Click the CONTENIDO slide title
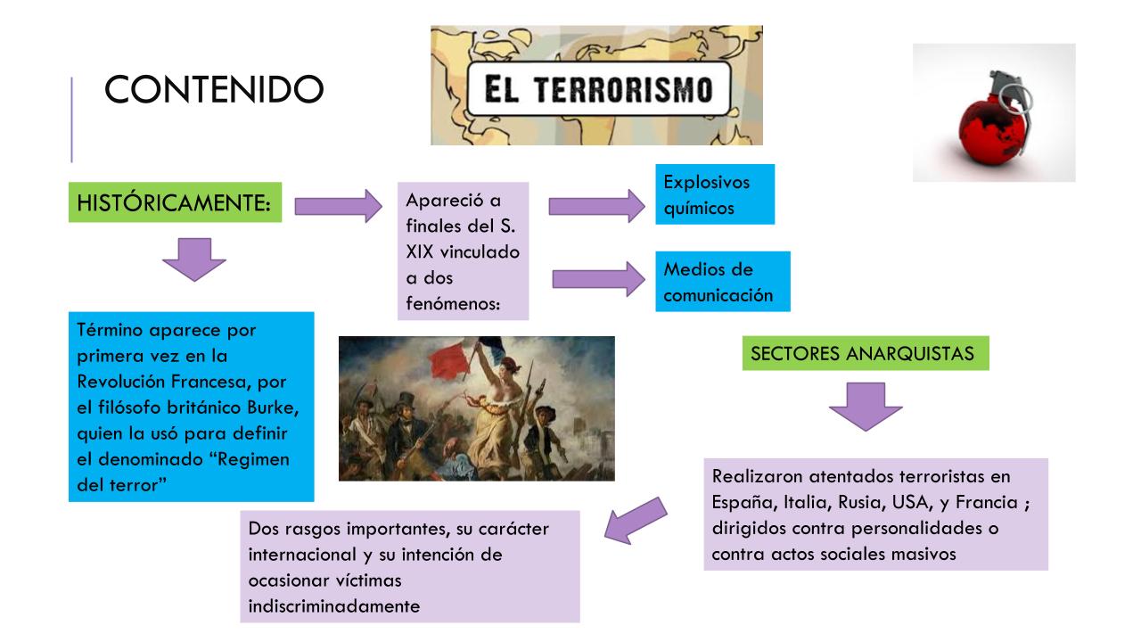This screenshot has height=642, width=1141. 214,89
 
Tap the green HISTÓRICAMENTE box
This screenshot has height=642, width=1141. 176,202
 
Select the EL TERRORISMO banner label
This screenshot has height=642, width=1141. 598,89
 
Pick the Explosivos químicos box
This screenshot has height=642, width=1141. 715,194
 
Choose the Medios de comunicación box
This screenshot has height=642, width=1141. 723,281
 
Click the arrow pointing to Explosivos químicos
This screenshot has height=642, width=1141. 596,206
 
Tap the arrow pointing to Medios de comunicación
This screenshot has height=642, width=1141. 598,279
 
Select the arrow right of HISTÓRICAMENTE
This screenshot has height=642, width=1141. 338,206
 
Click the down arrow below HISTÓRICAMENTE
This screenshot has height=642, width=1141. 194,259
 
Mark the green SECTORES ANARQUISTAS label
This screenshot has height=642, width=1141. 866,353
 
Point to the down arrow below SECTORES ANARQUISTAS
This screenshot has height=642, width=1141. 866,407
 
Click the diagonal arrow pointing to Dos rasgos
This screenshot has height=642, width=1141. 636,521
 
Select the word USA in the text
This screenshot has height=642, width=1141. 912,502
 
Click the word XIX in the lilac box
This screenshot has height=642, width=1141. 419,251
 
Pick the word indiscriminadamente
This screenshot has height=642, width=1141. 334,606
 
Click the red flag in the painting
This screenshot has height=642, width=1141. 450,360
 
